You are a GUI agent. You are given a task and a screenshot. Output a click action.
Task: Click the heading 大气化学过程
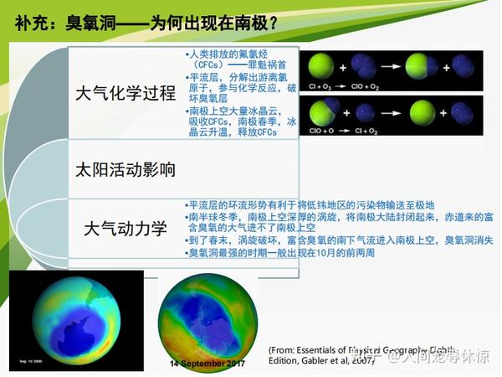(x=125, y=91)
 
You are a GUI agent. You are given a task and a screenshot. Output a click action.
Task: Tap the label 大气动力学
(x=125, y=227)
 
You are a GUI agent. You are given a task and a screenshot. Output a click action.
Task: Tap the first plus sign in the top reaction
(x=341, y=66)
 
